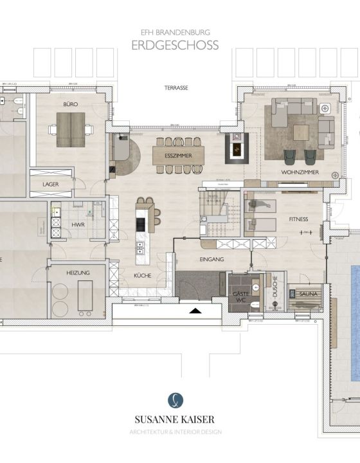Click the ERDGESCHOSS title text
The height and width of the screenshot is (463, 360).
175,45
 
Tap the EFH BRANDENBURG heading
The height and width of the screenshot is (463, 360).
175,30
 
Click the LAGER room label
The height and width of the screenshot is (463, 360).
51,185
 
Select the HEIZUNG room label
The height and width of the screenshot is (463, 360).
78,273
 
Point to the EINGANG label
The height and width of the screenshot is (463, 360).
211,259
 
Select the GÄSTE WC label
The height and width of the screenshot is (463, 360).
240,296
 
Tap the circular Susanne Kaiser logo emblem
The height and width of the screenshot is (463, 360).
175,400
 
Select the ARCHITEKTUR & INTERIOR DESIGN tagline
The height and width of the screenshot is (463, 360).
175,431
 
